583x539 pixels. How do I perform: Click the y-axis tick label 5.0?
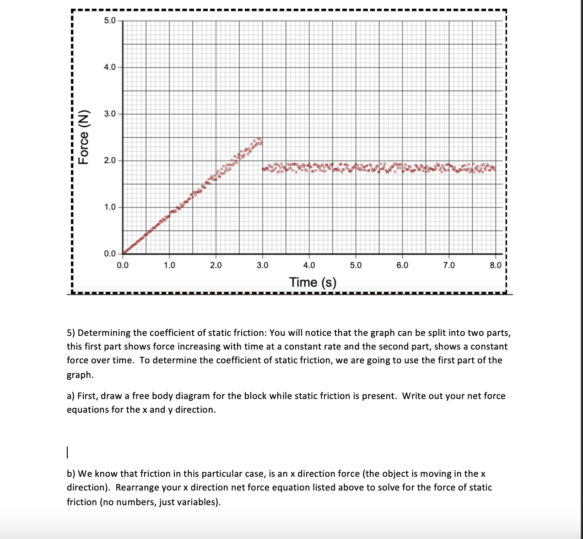(x=110, y=21)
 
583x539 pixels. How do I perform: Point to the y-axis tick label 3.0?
(x=110, y=114)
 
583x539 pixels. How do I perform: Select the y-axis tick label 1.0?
(x=110, y=207)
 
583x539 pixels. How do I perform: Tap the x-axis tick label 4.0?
(x=309, y=265)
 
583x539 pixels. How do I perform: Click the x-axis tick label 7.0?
(x=449, y=265)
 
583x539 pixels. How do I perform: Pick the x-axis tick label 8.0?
(x=496, y=265)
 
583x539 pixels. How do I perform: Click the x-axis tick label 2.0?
(x=216, y=265)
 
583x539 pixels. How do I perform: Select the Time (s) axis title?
(x=313, y=282)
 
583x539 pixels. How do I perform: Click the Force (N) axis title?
(x=83, y=137)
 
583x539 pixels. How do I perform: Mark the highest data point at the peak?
(x=259, y=139)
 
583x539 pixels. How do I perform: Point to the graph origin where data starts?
(x=123, y=253)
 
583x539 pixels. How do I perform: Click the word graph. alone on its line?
(x=80, y=375)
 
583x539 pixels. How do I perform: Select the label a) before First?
(x=71, y=396)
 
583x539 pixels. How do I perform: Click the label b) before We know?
(x=71, y=474)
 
